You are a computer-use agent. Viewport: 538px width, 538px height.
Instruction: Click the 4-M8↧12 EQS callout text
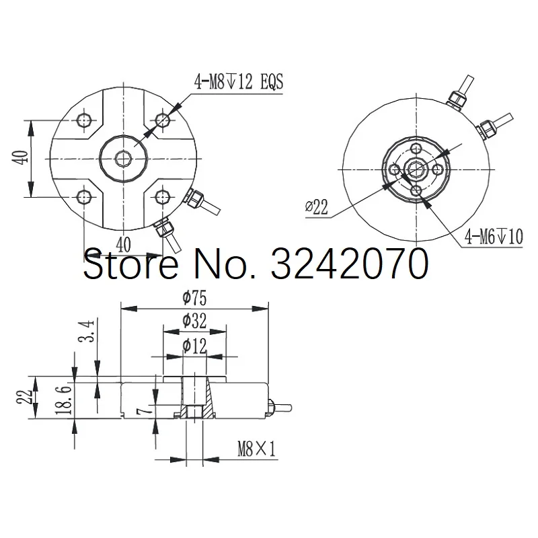click(239, 82)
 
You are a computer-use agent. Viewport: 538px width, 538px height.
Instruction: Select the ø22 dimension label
click(316, 207)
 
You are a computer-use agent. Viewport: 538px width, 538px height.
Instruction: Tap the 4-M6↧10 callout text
click(494, 237)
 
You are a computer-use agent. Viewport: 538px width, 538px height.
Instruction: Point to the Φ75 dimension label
click(194, 298)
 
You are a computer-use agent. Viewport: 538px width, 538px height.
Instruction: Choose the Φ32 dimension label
click(194, 321)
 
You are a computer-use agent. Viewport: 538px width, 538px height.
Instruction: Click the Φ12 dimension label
click(194, 346)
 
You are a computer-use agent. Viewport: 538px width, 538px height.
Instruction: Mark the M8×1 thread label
click(257, 449)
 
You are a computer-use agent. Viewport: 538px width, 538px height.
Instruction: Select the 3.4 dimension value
click(86, 331)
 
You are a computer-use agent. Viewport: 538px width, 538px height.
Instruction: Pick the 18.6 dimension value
click(64, 399)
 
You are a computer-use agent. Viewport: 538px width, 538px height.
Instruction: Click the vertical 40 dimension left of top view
click(22, 158)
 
